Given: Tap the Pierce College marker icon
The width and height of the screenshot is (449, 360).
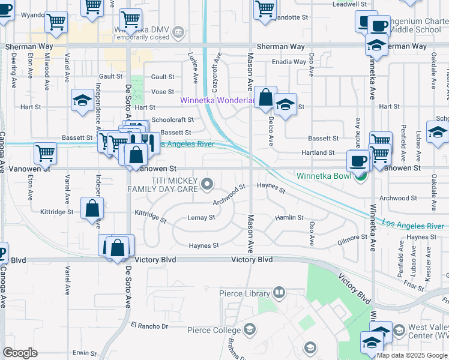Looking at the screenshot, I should [250, 329].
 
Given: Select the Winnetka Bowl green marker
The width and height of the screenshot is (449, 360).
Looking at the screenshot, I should [360, 176].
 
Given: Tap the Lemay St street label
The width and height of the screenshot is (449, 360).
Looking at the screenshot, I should [201, 217].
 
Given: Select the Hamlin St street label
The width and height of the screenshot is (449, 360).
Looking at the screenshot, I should [289, 218].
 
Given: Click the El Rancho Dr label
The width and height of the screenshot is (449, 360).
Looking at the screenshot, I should [150, 326].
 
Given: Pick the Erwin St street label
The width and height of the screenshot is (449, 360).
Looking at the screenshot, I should [85, 353].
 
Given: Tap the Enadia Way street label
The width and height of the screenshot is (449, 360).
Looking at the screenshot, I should [289, 62].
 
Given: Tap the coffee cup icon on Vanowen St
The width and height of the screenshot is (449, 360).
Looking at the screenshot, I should [359, 161].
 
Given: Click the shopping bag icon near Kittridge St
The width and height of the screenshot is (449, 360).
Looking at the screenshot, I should [92, 209].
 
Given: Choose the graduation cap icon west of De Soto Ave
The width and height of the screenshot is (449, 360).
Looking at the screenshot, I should [82, 100].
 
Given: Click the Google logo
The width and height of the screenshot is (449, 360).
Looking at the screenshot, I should [20, 353].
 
